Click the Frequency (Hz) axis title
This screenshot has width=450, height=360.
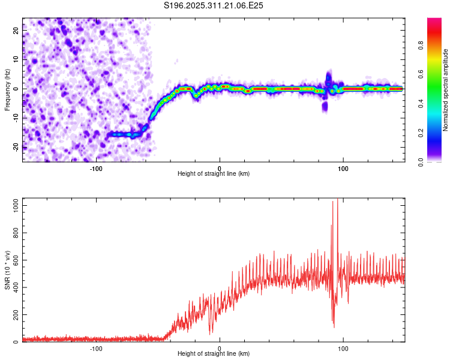(7, 89)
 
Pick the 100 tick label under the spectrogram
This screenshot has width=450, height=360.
(343, 169)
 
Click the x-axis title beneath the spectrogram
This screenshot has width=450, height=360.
(214, 174)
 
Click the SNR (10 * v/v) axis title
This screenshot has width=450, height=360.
(7, 270)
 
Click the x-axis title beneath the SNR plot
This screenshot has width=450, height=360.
(214, 354)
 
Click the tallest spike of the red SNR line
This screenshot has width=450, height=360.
(337, 200)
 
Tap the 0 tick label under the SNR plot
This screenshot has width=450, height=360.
(220, 349)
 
